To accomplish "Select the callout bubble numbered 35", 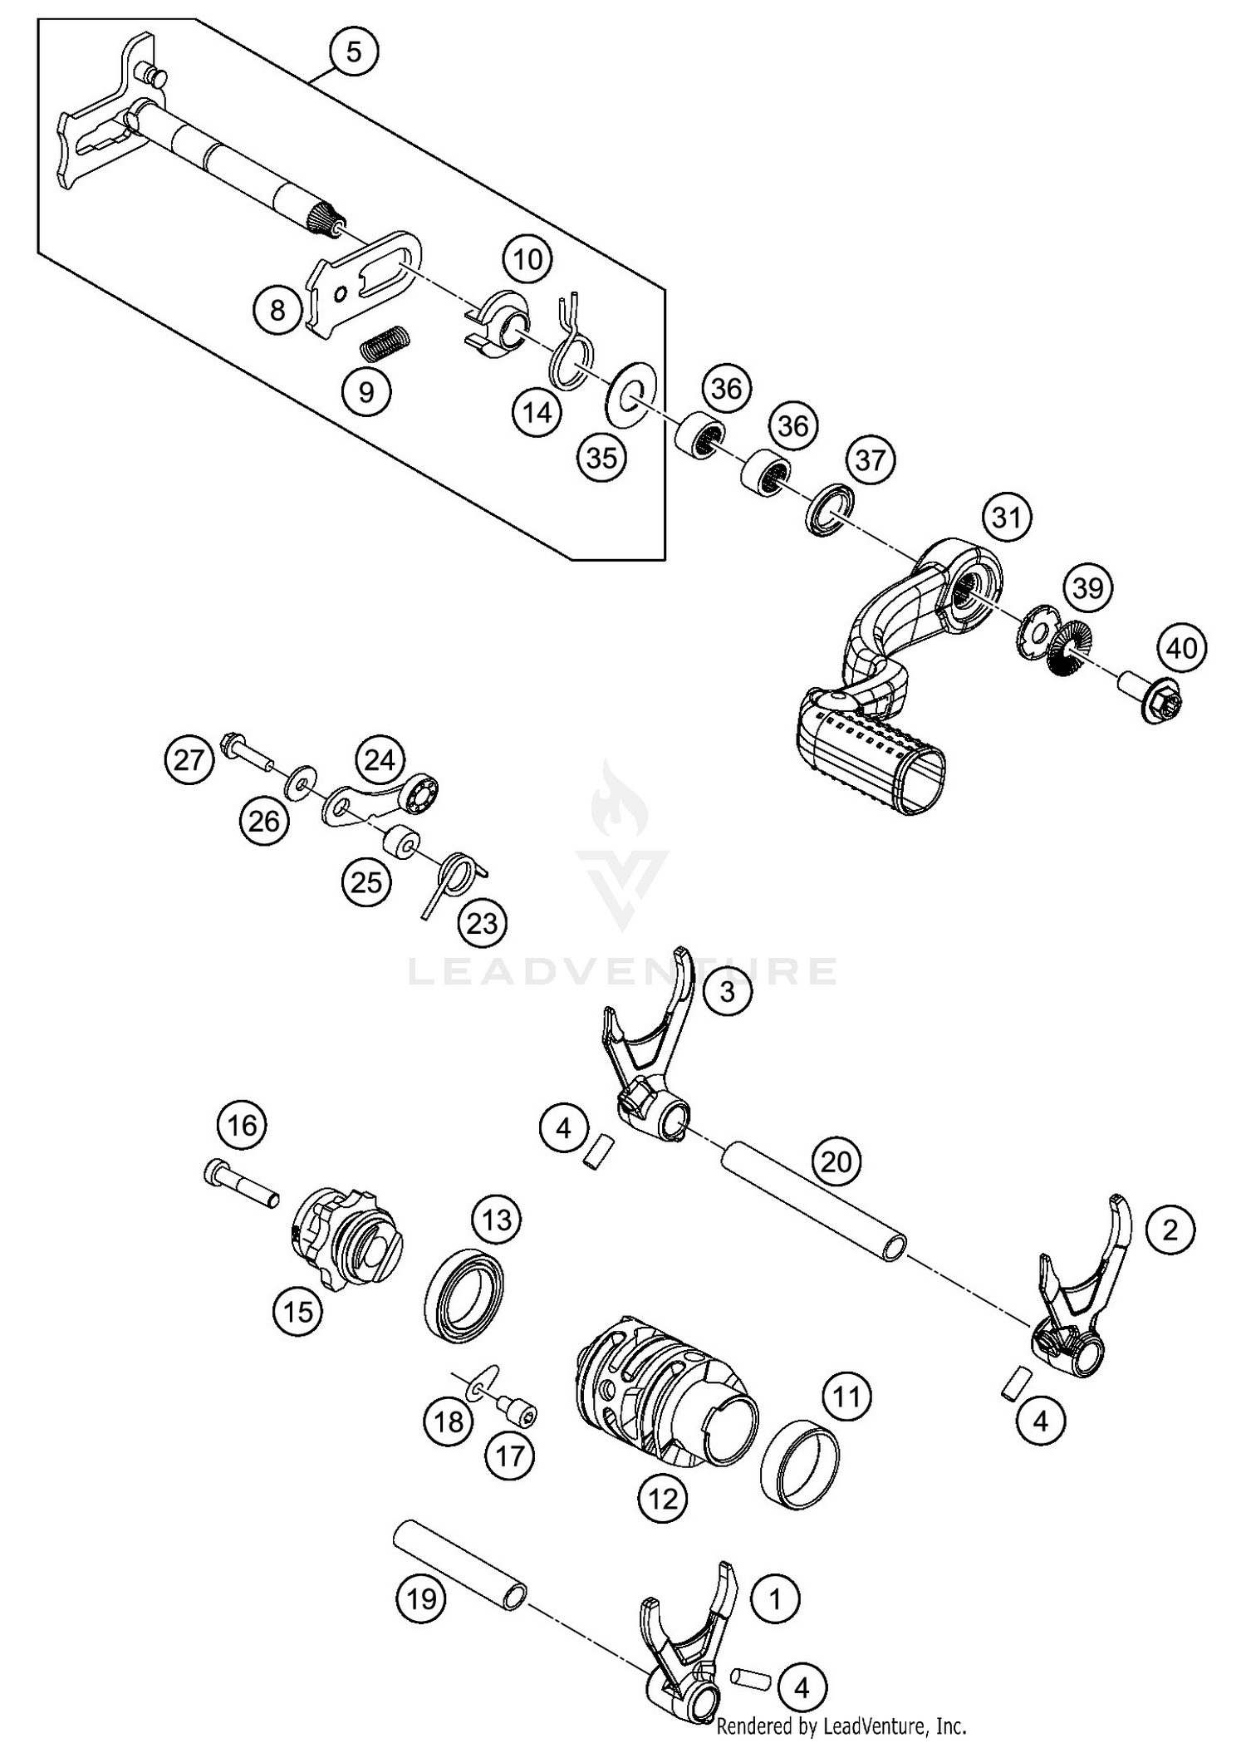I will [x=602, y=456].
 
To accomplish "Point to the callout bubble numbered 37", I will [x=871, y=459].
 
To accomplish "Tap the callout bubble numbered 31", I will [x=1006, y=518].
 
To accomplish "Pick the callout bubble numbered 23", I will [x=483, y=923].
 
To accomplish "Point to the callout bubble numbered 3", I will [x=728, y=991].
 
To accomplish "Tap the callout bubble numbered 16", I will [x=243, y=1126].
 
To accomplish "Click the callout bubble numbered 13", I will [x=497, y=1220].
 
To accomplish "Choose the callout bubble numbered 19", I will [x=422, y=1598].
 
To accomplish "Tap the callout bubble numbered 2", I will [x=1170, y=1230].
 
